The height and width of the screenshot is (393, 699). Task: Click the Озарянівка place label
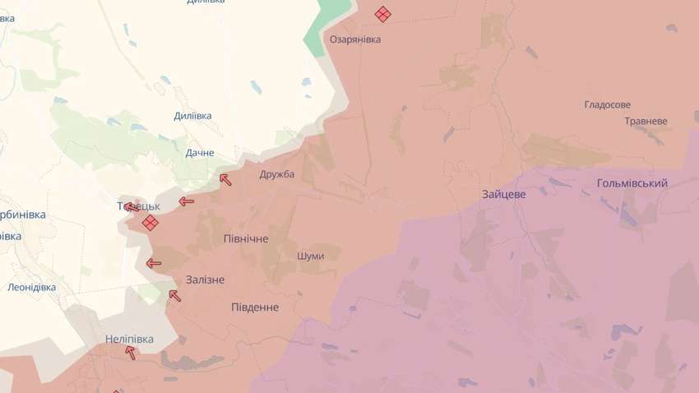click(355, 39)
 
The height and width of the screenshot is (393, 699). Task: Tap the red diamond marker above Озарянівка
click(382, 14)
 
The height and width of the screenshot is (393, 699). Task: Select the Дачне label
click(200, 153)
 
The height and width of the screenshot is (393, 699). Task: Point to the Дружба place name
click(276, 174)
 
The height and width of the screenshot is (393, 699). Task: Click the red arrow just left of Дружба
click(225, 179)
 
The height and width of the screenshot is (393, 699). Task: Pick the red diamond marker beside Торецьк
click(150, 223)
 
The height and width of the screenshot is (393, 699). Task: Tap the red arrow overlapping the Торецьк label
click(131, 206)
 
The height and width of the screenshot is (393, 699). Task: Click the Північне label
click(246, 238)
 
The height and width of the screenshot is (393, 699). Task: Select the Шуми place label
click(310, 256)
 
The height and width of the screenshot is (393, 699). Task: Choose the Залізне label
click(205, 280)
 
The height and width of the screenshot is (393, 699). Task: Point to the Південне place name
click(254, 307)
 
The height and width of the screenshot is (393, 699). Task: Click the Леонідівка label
click(31, 287)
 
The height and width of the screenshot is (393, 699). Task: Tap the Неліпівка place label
click(130, 338)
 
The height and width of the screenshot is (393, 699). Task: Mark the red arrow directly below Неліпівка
click(130, 352)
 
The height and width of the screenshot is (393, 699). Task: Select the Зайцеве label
click(504, 194)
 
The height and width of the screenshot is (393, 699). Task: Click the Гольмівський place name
click(632, 183)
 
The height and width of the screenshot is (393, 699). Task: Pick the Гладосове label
click(607, 105)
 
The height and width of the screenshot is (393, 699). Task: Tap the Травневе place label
click(646, 121)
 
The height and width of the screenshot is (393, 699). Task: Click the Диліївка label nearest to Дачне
click(192, 116)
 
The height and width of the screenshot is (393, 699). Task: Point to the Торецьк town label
click(137, 205)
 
